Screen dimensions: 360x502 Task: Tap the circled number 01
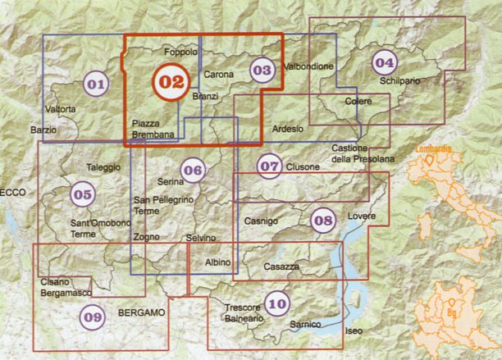(x=96, y=84)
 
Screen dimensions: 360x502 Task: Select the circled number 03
(x=262, y=71)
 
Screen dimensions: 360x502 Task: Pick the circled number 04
(x=383, y=61)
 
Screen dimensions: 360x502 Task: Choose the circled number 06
(x=193, y=171)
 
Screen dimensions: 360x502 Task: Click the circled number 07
(x=269, y=166)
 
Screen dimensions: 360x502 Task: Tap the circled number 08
(x=323, y=219)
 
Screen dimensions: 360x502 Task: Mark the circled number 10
(x=277, y=305)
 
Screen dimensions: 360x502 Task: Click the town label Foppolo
(x=181, y=52)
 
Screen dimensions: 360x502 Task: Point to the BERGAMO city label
(x=142, y=313)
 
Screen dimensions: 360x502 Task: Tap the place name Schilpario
(x=399, y=81)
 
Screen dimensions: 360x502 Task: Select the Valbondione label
(x=308, y=66)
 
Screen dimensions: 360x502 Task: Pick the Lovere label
(x=361, y=216)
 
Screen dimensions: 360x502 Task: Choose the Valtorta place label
(x=62, y=109)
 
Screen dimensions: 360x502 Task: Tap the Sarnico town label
(x=305, y=325)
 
